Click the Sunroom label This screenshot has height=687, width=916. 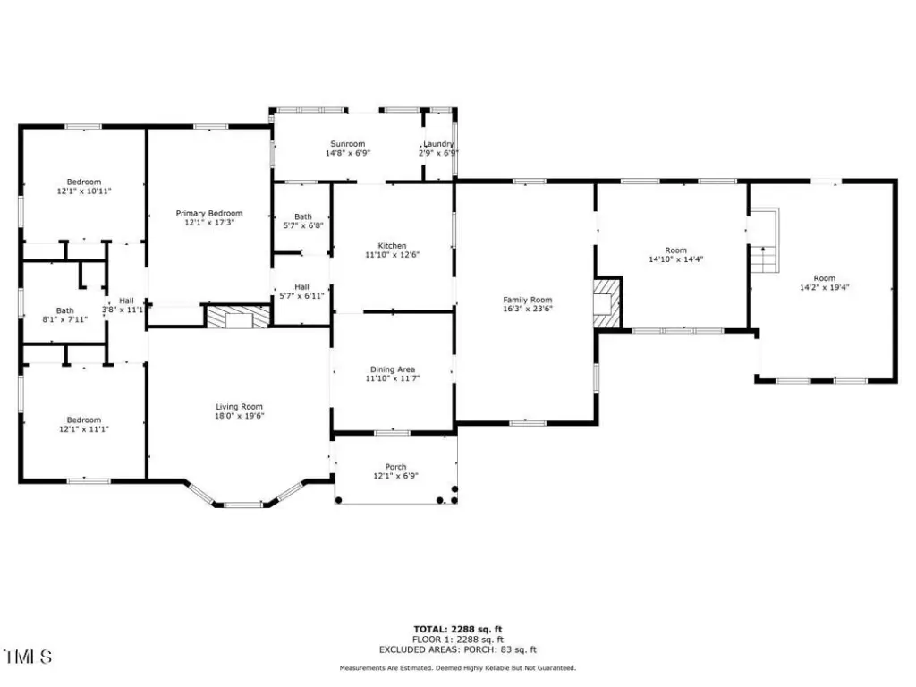tap(348, 144)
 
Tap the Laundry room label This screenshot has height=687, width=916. tap(438, 144)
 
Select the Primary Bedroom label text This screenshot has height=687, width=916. tap(209, 213)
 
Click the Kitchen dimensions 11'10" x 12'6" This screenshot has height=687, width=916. tap(392, 255)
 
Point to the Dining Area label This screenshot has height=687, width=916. tap(393, 369)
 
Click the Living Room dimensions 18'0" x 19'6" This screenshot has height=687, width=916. tap(240, 416)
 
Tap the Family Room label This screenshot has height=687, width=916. tap(528, 300)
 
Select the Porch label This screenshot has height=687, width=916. tap(395, 467)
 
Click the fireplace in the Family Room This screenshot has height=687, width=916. tap(607, 302)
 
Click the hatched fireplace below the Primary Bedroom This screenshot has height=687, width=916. tap(238, 316)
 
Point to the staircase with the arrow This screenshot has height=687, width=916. tap(765, 240)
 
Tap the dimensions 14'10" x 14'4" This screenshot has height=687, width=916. tap(676, 259)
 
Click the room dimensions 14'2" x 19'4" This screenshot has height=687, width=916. tap(824, 287)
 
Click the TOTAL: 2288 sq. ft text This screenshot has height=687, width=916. tap(458, 629)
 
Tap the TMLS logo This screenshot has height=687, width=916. tap(28, 657)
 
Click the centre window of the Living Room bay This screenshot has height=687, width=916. tap(243, 505)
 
